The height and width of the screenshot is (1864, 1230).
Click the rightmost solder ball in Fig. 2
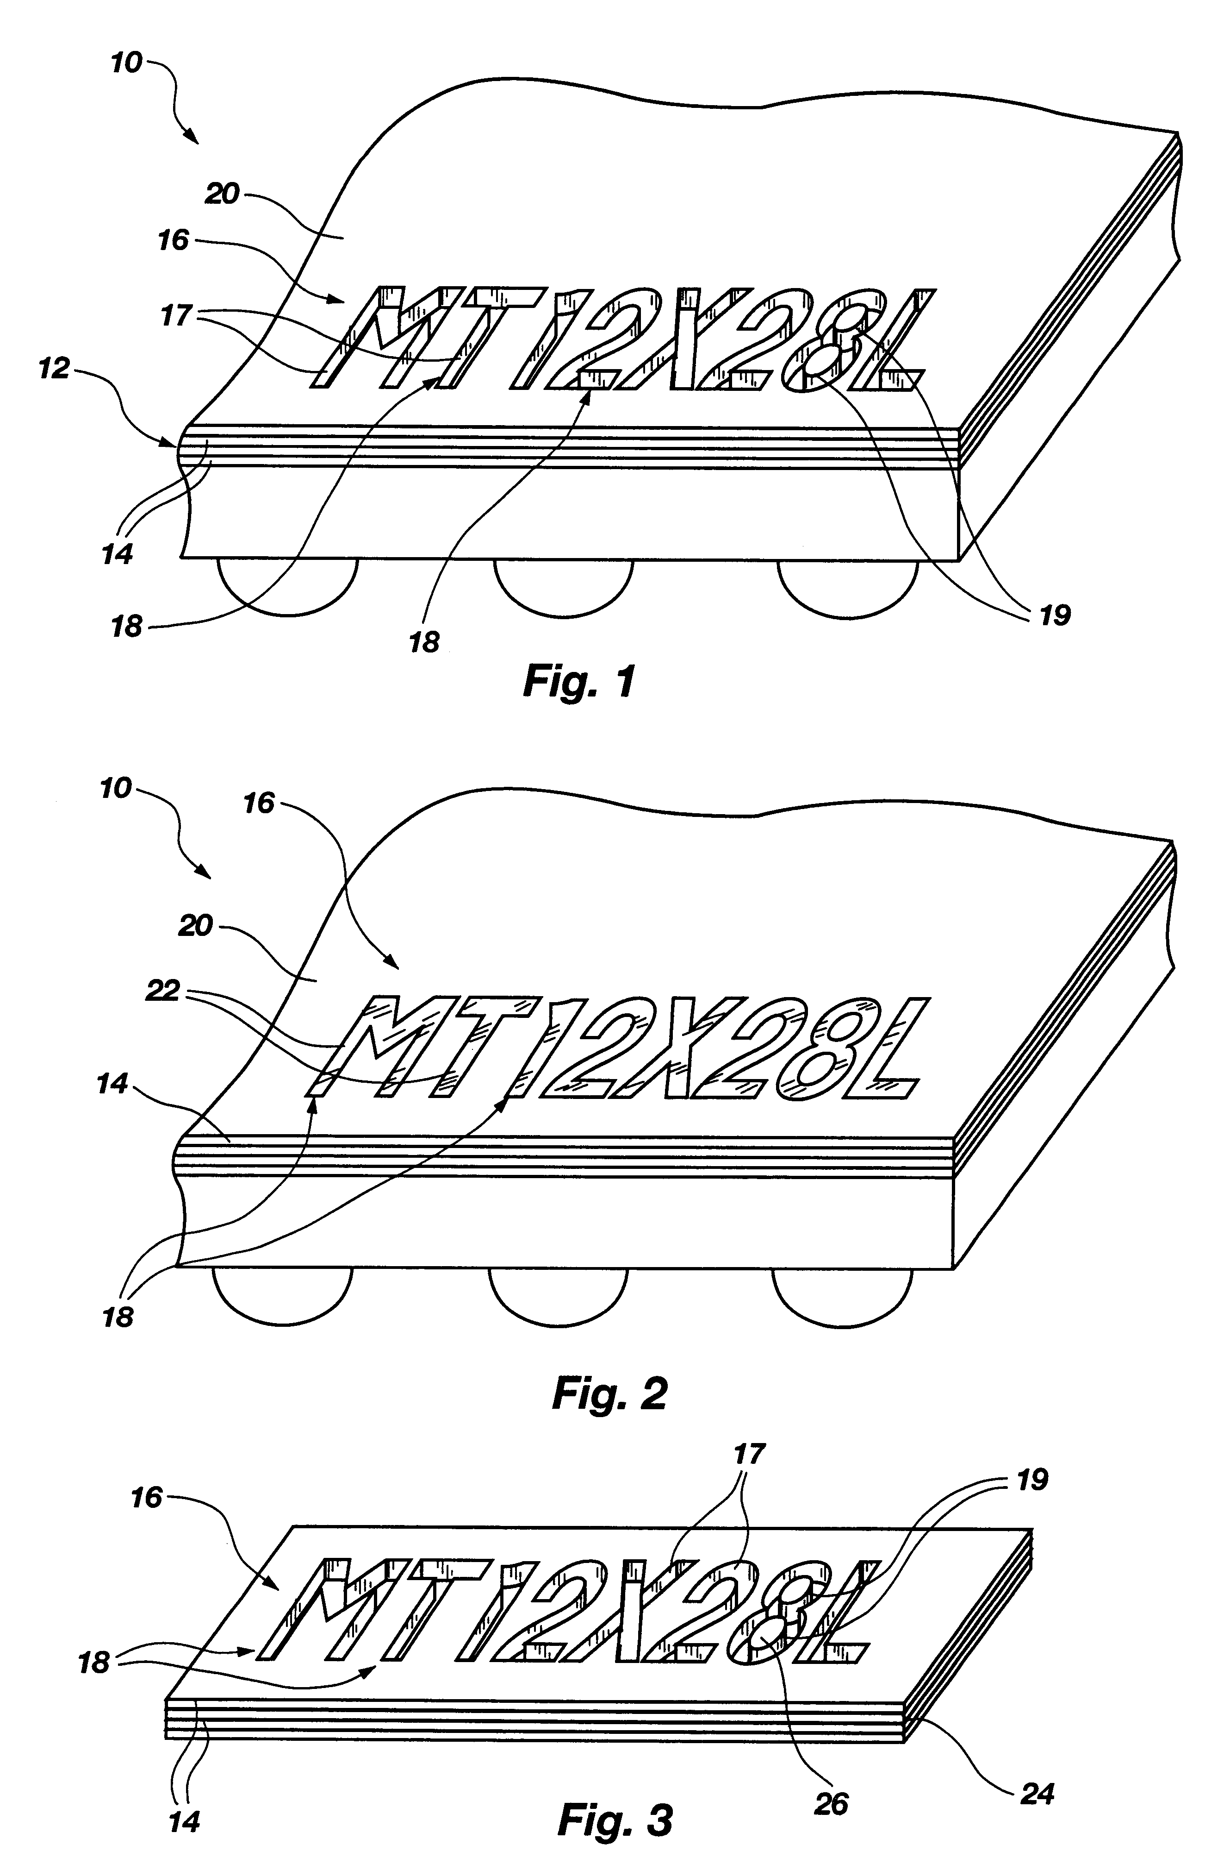[x=842, y=1293]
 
